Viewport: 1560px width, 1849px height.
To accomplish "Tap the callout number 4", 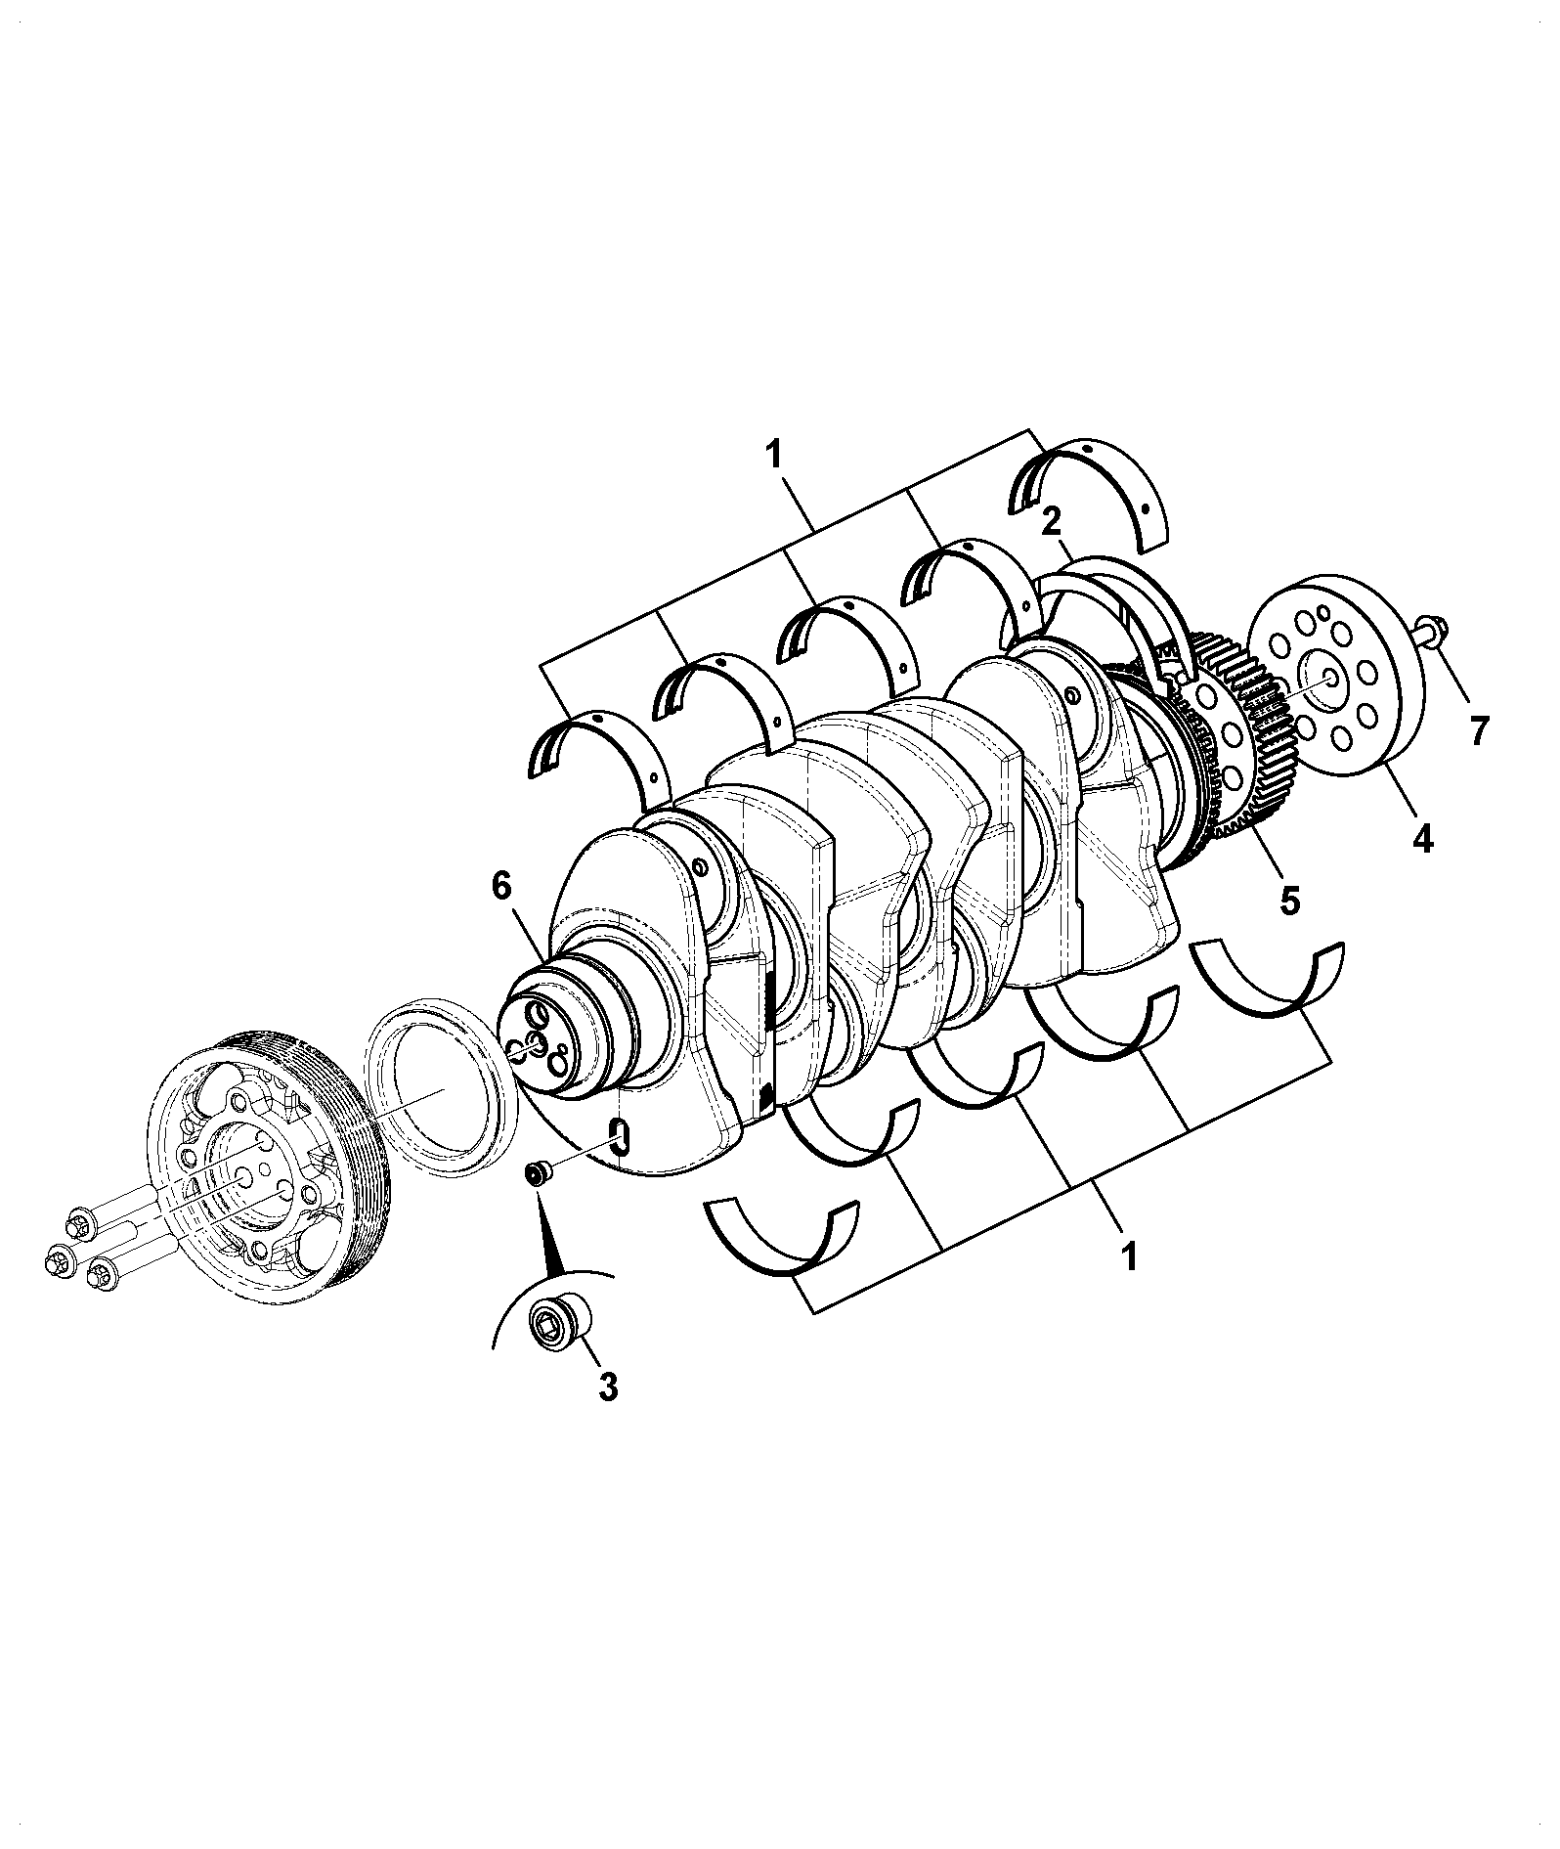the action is [1422, 838].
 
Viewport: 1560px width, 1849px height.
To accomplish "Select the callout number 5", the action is [1290, 900].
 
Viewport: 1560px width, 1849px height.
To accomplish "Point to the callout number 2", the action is [1051, 522].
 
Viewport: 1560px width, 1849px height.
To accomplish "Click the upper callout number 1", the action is [773, 455].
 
